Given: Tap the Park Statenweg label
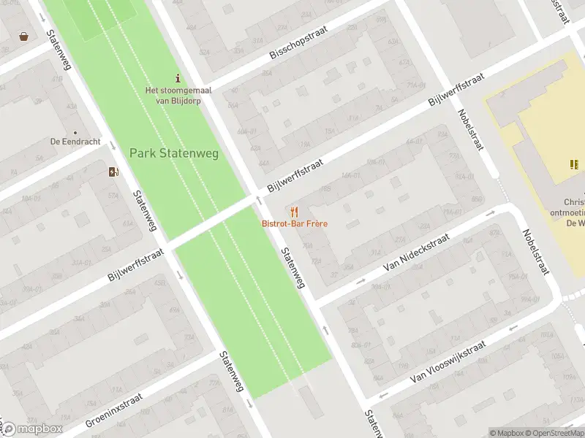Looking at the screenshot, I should tap(174, 153).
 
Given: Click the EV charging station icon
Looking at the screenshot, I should tap(113, 172).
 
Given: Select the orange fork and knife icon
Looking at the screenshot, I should tap(294, 212).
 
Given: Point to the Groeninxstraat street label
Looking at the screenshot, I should tap(113, 409).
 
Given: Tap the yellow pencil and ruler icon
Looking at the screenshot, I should tap(573, 164).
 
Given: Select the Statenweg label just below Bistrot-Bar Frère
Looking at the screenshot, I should tap(292, 265).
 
